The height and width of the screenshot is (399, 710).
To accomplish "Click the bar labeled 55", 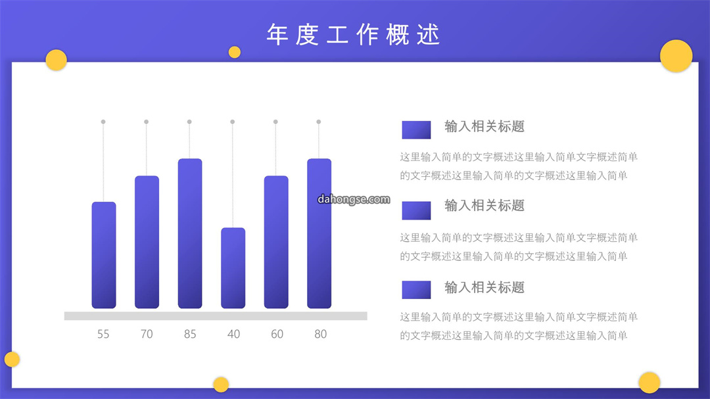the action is coord(104,255).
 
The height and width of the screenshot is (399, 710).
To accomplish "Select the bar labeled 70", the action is coord(147,242).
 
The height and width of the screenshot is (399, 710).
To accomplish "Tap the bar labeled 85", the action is coord(190,233).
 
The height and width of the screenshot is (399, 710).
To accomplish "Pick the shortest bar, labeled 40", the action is coord(233,268).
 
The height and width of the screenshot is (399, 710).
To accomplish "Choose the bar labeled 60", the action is coord(276,242).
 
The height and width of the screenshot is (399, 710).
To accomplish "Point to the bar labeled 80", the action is coord(319,233).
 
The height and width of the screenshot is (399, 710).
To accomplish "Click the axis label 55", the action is coord(103,334).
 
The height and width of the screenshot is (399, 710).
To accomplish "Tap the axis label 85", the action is coord(190,334).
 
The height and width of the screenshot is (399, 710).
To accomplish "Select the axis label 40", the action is coord(233,334).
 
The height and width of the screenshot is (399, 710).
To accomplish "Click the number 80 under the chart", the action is coord(321,334).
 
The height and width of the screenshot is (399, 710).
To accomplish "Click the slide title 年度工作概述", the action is coord(353,34).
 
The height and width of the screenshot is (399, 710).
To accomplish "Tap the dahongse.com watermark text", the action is coord(354,199).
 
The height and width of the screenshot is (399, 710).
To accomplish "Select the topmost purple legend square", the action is coord(416,130).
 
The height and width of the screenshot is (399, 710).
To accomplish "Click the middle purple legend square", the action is coord(416,210).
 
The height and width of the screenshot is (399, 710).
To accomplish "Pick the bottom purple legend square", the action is coord(416,290).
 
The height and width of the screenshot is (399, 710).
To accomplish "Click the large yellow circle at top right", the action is coord(676,56).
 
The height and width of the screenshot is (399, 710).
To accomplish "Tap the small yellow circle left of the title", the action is coord(235,52).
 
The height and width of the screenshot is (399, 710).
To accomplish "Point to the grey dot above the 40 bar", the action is coord(232,122).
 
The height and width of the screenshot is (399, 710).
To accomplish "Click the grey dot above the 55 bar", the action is coord(103,122).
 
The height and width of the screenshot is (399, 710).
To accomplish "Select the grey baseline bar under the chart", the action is coord(216,316).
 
